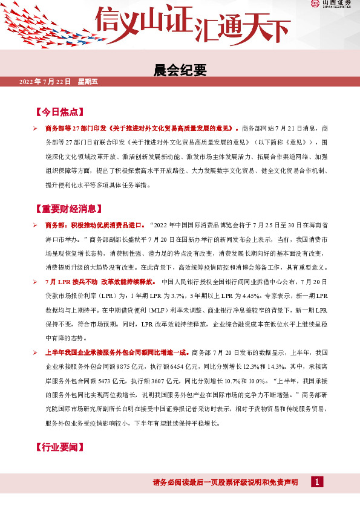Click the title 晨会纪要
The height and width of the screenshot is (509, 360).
click(180, 71)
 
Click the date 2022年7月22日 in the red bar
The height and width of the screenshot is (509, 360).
click(45, 81)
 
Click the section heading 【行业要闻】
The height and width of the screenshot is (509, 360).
click(59, 447)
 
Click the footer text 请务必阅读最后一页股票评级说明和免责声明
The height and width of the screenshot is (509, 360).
click(225, 482)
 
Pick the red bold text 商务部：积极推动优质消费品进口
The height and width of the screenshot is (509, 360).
click(94, 225)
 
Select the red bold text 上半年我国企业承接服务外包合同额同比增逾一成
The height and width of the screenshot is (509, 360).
click(117, 352)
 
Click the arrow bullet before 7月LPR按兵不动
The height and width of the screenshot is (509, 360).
click(36, 282)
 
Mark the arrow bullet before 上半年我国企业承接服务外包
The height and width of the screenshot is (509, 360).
click(36, 352)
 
